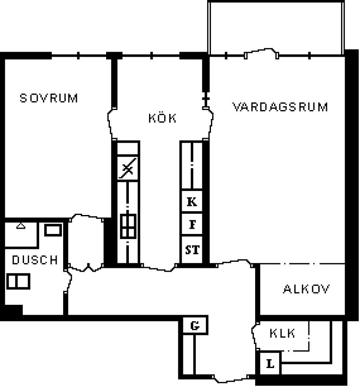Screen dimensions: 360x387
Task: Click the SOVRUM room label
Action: pos(49,98)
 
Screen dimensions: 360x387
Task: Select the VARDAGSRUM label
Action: pos(281,107)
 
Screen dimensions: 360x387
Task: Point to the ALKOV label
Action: pos(306,289)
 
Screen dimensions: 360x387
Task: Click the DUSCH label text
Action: pos(35,260)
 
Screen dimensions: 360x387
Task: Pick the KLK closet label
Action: pos(282,333)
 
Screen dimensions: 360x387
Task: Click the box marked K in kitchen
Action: pos(192,201)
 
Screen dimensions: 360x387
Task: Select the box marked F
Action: pos(192,224)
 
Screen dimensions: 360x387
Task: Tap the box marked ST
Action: pos(192,249)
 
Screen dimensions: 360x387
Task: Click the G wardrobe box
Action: pos(195,326)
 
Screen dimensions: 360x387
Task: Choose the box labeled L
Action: pos(270,363)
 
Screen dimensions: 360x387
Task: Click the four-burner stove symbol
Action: pos(128,226)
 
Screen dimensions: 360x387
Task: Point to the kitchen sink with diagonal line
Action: pos(128,168)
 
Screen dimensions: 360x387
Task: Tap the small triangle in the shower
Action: pos(21,226)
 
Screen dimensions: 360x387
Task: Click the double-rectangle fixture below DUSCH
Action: pos(18,281)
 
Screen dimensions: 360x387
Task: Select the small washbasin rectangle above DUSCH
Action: pos(53,230)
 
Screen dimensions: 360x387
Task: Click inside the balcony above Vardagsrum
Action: pos(276,27)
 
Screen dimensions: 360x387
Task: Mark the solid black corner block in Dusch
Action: pos(14,310)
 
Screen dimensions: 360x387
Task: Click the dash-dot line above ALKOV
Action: pos(302,264)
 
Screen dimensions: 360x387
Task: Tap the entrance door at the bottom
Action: pos(231,379)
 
